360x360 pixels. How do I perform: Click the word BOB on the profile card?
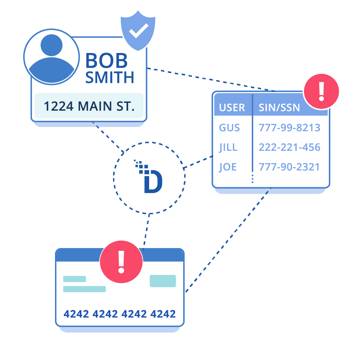(106, 61)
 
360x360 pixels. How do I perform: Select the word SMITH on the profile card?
(110, 77)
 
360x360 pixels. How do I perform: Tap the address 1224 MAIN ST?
(89, 106)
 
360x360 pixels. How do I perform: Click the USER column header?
(232, 108)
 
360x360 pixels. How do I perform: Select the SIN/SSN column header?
(279, 108)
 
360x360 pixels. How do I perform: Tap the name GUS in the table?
(229, 128)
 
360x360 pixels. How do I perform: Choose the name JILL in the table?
(228, 147)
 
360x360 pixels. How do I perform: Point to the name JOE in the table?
(228, 167)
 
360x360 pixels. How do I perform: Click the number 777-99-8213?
(289, 128)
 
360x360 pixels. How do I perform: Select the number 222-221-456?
(289, 147)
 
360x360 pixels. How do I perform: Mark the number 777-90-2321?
(289, 167)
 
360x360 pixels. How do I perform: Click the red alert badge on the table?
(321, 91)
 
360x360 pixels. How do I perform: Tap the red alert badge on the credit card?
(121, 261)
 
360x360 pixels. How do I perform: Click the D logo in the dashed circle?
(151, 179)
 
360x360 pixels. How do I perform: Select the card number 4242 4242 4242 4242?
(119, 314)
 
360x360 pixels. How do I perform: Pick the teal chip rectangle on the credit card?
(163, 281)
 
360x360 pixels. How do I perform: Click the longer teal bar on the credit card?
(84, 289)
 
